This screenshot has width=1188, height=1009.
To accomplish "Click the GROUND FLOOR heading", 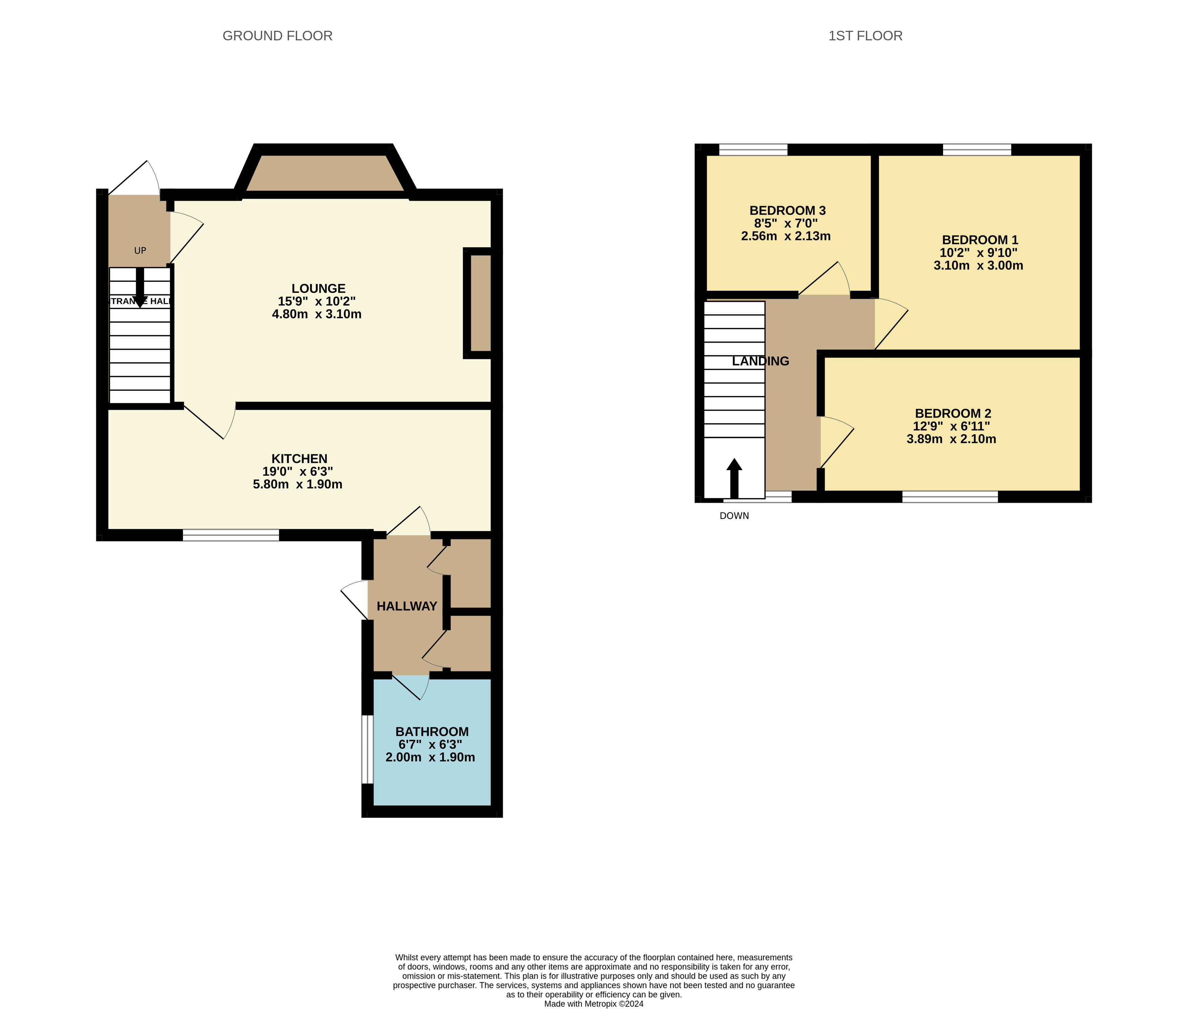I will (277, 36).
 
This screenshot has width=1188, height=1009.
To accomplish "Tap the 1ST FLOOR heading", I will (865, 36).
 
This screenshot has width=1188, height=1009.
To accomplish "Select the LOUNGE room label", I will (318, 289).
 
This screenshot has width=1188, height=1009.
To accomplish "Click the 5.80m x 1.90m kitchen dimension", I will (297, 484).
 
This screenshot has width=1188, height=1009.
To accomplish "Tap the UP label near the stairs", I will (140, 250).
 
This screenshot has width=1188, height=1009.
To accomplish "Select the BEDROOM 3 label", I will (787, 210).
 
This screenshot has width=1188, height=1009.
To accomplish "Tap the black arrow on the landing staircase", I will (734, 478).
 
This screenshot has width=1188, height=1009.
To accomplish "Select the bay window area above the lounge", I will (324, 173).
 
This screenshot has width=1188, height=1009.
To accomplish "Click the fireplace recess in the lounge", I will (481, 303).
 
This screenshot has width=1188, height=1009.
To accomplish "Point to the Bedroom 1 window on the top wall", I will (977, 150).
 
